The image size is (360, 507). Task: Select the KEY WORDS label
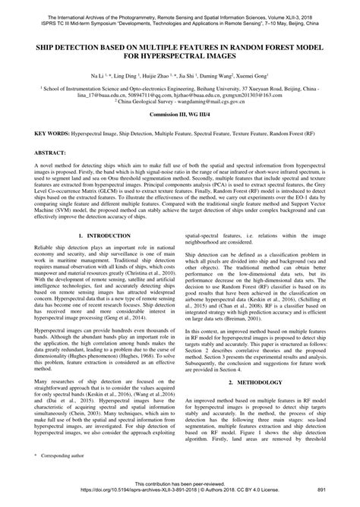pyautogui.click(x=50, y=153)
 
